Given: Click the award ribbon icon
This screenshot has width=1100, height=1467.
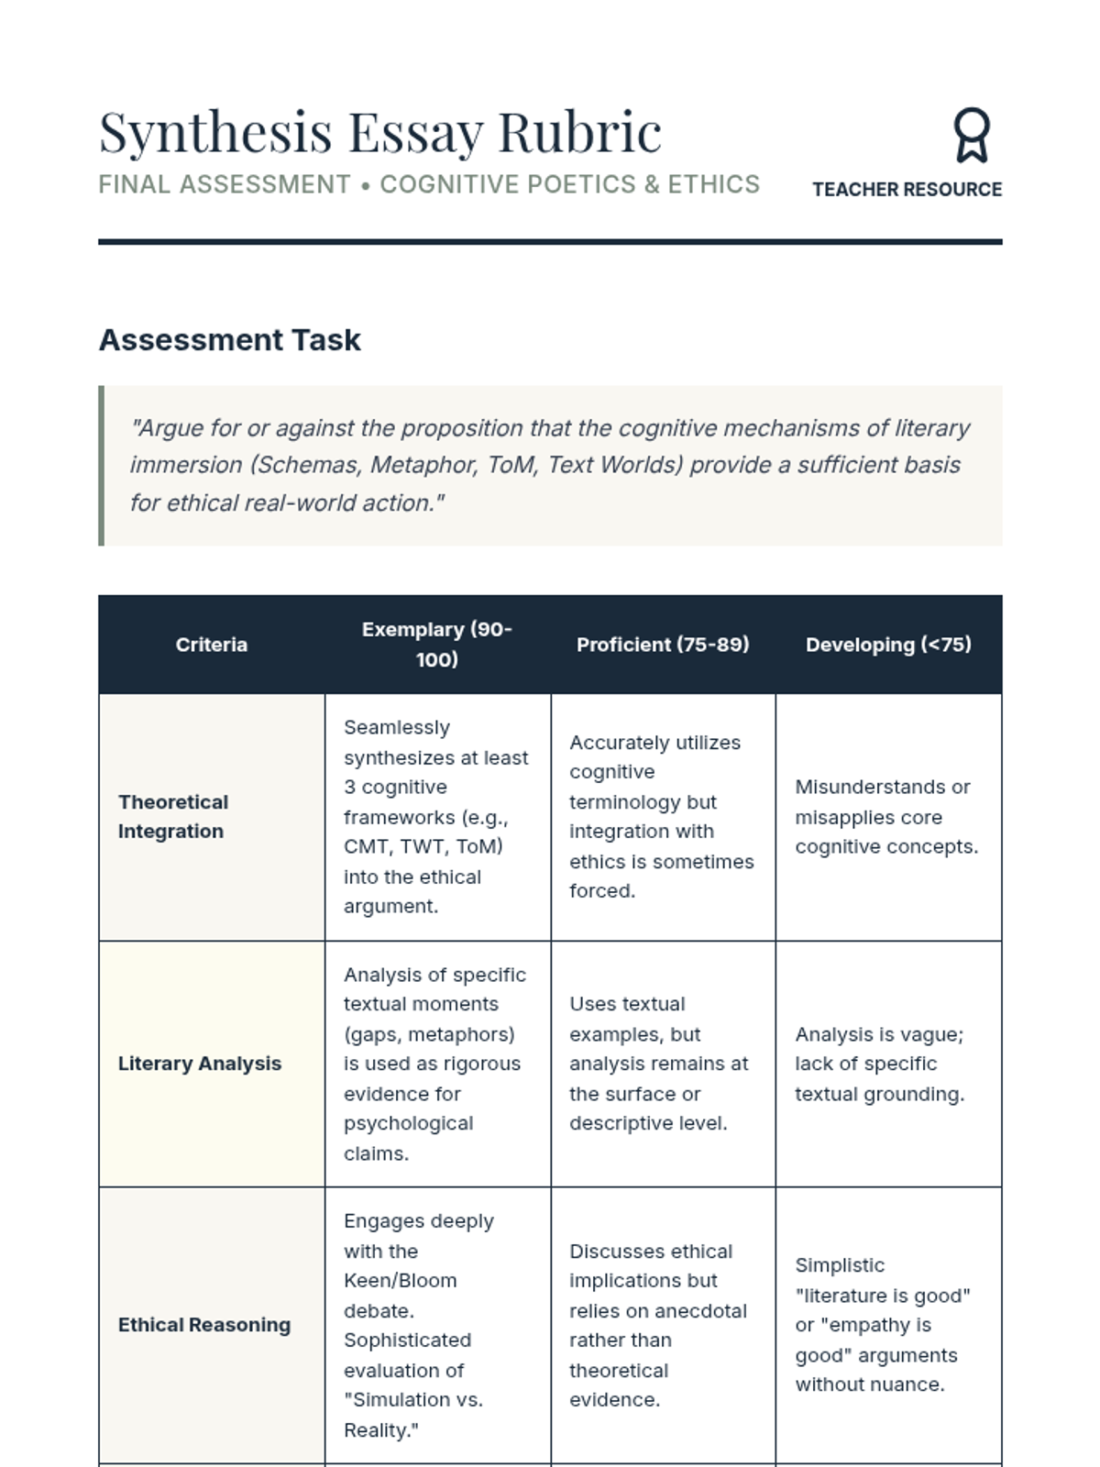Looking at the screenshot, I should (971, 135).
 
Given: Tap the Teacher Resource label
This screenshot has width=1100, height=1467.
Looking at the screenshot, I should (907, 190).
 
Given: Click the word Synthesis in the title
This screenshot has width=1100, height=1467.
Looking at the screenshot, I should (215, 133).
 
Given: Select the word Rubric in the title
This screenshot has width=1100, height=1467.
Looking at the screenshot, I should (579, 133).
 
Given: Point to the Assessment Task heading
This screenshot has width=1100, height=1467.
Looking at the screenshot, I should (230, 340).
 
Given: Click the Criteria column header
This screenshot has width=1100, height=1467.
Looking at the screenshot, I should (212, 645).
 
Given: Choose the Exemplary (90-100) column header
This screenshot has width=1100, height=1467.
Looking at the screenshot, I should (437, 645).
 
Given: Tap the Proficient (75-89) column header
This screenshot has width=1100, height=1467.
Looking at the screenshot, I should (663, 645).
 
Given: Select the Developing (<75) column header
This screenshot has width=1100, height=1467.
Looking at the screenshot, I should (888, 645).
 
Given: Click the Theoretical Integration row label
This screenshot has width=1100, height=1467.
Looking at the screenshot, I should (173, 816).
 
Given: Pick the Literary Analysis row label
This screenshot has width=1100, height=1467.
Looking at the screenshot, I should (200, 1064).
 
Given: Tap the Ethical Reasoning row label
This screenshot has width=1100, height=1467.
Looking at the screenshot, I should (204, 1325).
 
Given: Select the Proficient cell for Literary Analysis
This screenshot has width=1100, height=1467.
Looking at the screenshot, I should (659, 1064).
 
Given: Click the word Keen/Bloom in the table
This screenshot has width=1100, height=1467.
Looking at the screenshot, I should (400, 1281).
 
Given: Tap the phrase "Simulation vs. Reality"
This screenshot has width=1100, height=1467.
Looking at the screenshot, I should (413, 1415).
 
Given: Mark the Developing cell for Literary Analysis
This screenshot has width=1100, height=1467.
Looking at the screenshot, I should (879, 1064).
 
